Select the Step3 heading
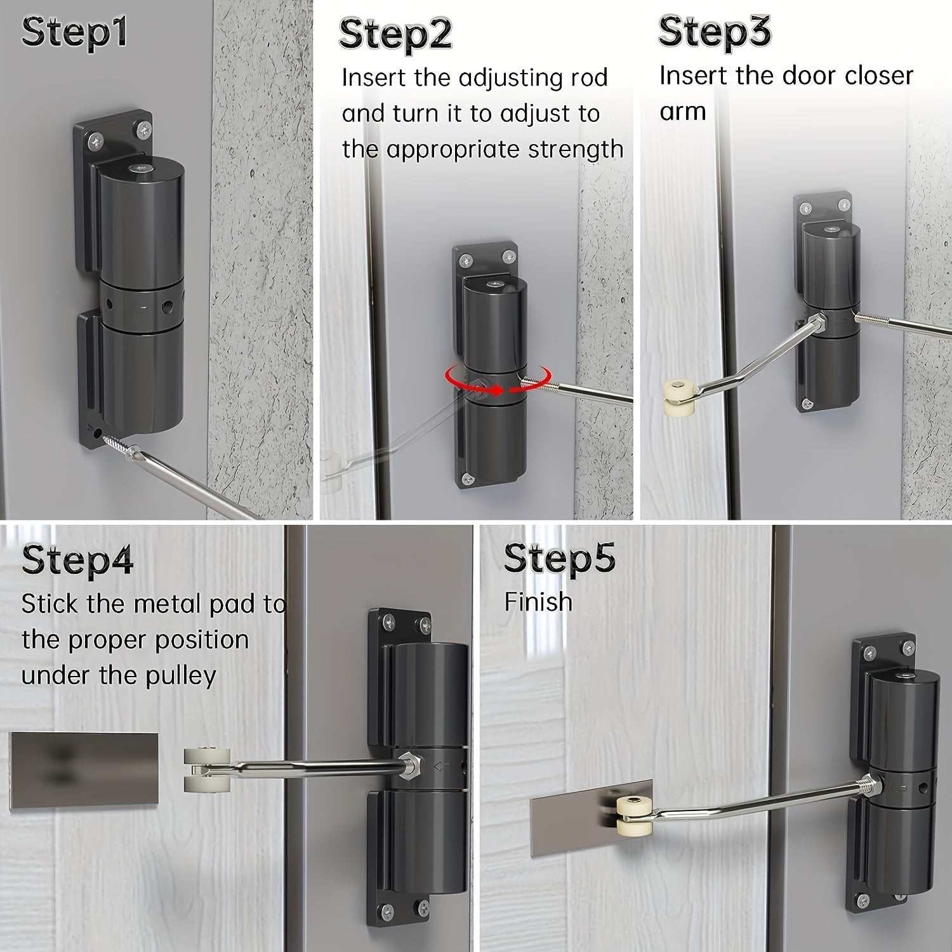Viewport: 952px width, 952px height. tap(714, 32)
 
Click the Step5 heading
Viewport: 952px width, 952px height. tap(559, 558)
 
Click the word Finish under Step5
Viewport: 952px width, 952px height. tap(538, 602)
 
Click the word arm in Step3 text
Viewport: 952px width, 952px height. tap(682, 111)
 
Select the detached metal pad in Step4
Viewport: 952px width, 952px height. tap(84, 770)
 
